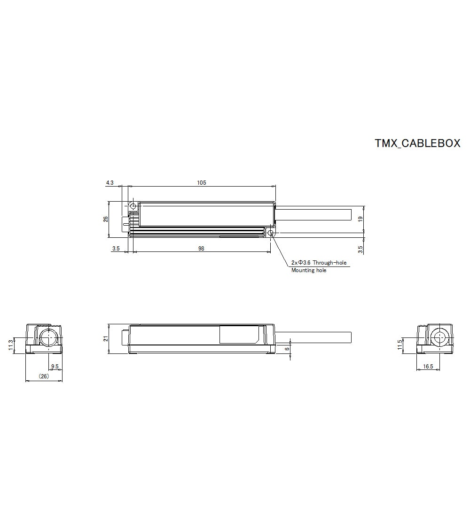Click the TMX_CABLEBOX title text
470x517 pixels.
417,143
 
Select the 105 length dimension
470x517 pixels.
202,182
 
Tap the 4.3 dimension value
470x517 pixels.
110,182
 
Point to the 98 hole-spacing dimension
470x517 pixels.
201,249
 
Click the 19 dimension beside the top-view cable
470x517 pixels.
360,219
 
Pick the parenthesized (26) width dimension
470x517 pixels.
44,376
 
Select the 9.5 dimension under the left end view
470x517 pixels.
55,366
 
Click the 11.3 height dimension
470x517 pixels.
10,346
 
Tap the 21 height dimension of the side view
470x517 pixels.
106,338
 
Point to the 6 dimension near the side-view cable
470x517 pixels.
287,349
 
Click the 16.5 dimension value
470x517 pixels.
428,366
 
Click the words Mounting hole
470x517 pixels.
309,270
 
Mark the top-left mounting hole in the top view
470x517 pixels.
133,206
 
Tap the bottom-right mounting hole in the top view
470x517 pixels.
270,233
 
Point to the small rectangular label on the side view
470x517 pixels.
239,335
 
